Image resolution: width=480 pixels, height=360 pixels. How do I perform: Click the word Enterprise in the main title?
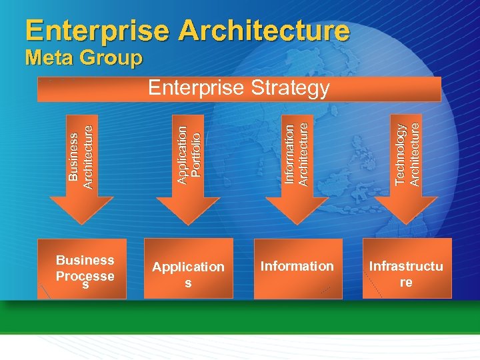[x=97, y=31]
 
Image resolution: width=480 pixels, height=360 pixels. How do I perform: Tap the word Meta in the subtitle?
[x=48, y=58]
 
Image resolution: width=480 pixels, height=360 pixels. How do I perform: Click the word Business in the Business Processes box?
[x=85, y=260]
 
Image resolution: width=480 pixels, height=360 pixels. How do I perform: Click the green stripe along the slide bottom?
[x=240, y=321]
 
